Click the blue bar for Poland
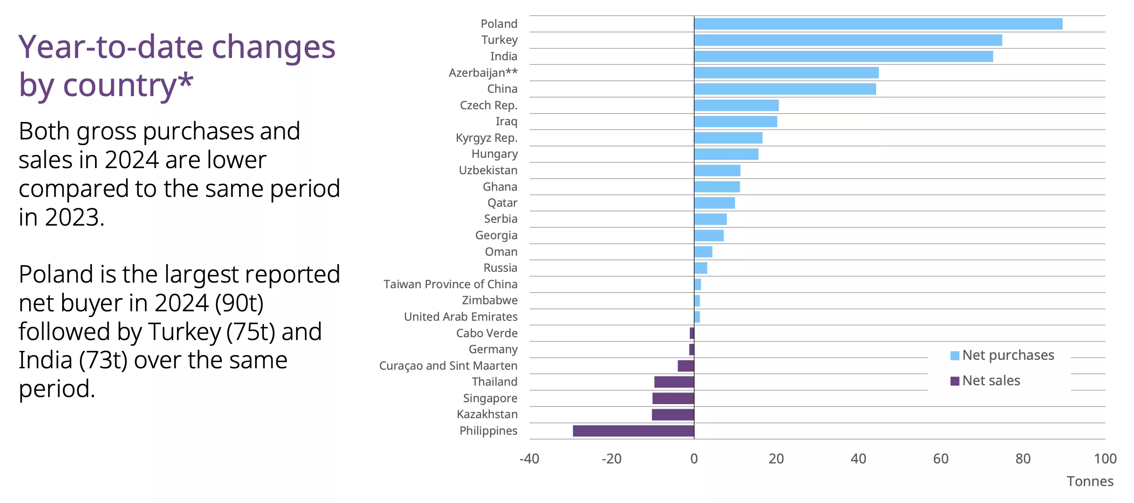[x=878, y=24]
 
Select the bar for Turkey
[x=847, y=40]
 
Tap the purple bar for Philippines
[x=633, y=431]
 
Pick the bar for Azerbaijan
[x=786, y=73]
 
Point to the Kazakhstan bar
[x=672, y=414]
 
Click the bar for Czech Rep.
[x=736, y=105]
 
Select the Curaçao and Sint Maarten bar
[x=686, y=366]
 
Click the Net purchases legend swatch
[x=955, y=356]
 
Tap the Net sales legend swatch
[x=955, y=381]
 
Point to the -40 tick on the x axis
[x=529, y=459]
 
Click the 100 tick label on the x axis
[x=1105, y=459]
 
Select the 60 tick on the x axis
[x=941, y=459]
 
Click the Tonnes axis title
[x=1090, y=481]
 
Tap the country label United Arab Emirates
[x=461, y=317]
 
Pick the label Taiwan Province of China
[x=450, y=284]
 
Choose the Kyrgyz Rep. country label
[x=487, y=138]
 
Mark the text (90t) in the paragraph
[x=239, y=303]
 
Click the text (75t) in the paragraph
[x=250, y=332]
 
